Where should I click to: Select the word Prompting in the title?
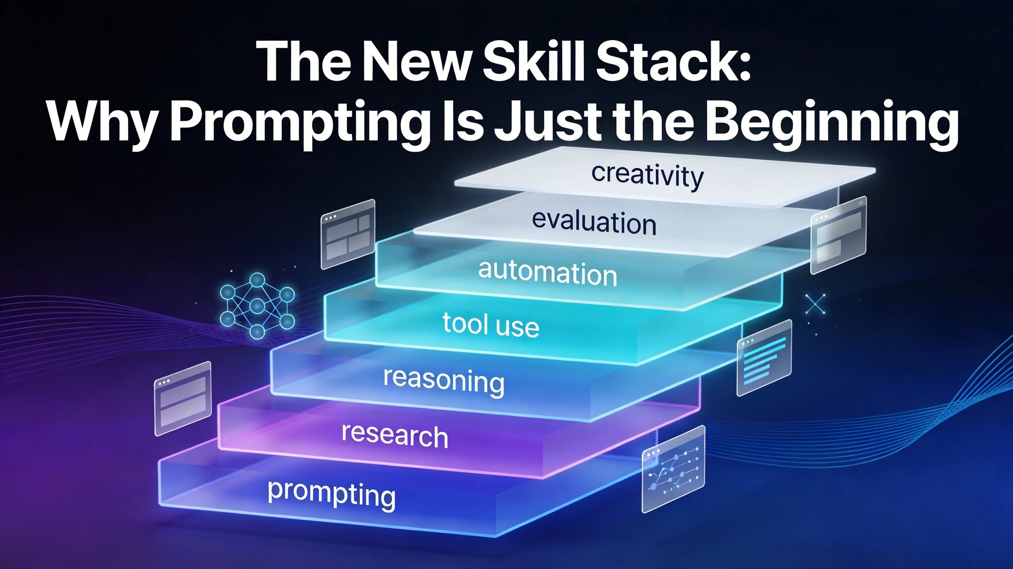click(300, 122)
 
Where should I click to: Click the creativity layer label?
click(647, 175)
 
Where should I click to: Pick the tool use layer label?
click(491, 325)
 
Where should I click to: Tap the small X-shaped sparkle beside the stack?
click(815, 304)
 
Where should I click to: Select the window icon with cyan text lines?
click(764, 357)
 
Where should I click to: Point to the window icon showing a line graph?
click(673, 469)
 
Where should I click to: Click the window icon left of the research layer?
click(183, 398)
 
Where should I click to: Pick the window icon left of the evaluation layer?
click(348, 234)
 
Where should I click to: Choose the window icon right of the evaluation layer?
click(838, 235)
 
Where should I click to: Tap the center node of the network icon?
click(257, 306)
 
